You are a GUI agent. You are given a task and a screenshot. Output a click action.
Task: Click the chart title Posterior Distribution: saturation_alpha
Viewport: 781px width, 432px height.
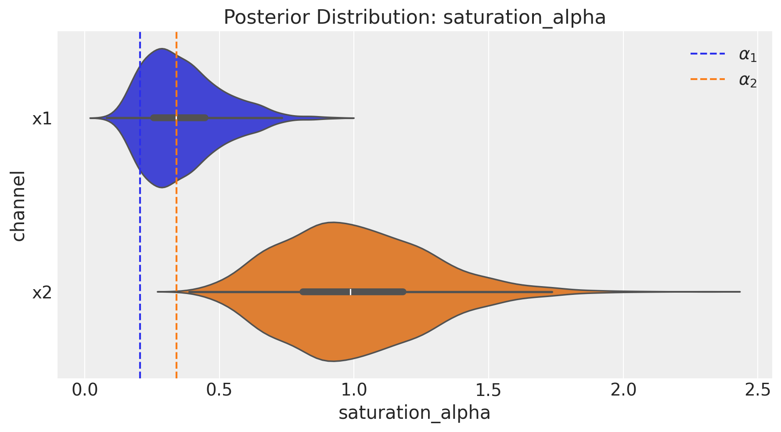(414, 18)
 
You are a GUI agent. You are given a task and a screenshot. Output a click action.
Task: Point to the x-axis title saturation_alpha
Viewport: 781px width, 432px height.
(414, 413)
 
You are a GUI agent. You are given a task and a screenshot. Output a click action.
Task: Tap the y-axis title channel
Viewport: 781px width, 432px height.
(19, 205)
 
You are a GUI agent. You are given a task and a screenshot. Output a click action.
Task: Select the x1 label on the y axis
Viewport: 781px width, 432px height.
(42, 119)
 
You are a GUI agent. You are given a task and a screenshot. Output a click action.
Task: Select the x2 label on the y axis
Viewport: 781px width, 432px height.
(42, 293)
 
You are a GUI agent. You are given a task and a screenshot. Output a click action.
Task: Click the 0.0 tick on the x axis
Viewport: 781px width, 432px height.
(85, 390)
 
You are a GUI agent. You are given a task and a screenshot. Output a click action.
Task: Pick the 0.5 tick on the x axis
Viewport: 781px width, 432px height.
(219, 390)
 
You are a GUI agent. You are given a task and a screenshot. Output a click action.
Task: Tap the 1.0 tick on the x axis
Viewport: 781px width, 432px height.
(353, 390)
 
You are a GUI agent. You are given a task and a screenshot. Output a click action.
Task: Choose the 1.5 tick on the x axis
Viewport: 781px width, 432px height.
(488, 390)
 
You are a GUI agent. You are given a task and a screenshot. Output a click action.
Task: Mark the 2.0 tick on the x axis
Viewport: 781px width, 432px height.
(623, 390)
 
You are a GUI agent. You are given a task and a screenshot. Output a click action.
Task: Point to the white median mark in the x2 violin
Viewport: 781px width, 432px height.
(350, 292)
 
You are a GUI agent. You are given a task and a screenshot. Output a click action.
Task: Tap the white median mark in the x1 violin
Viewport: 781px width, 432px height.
(176, 118)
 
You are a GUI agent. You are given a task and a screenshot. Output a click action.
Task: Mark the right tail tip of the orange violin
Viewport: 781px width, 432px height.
(740, 292)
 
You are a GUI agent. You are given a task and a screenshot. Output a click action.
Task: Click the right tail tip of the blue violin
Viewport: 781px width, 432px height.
(353, 118)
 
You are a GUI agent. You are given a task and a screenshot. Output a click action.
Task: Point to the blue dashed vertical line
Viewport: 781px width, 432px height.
(140, 246)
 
